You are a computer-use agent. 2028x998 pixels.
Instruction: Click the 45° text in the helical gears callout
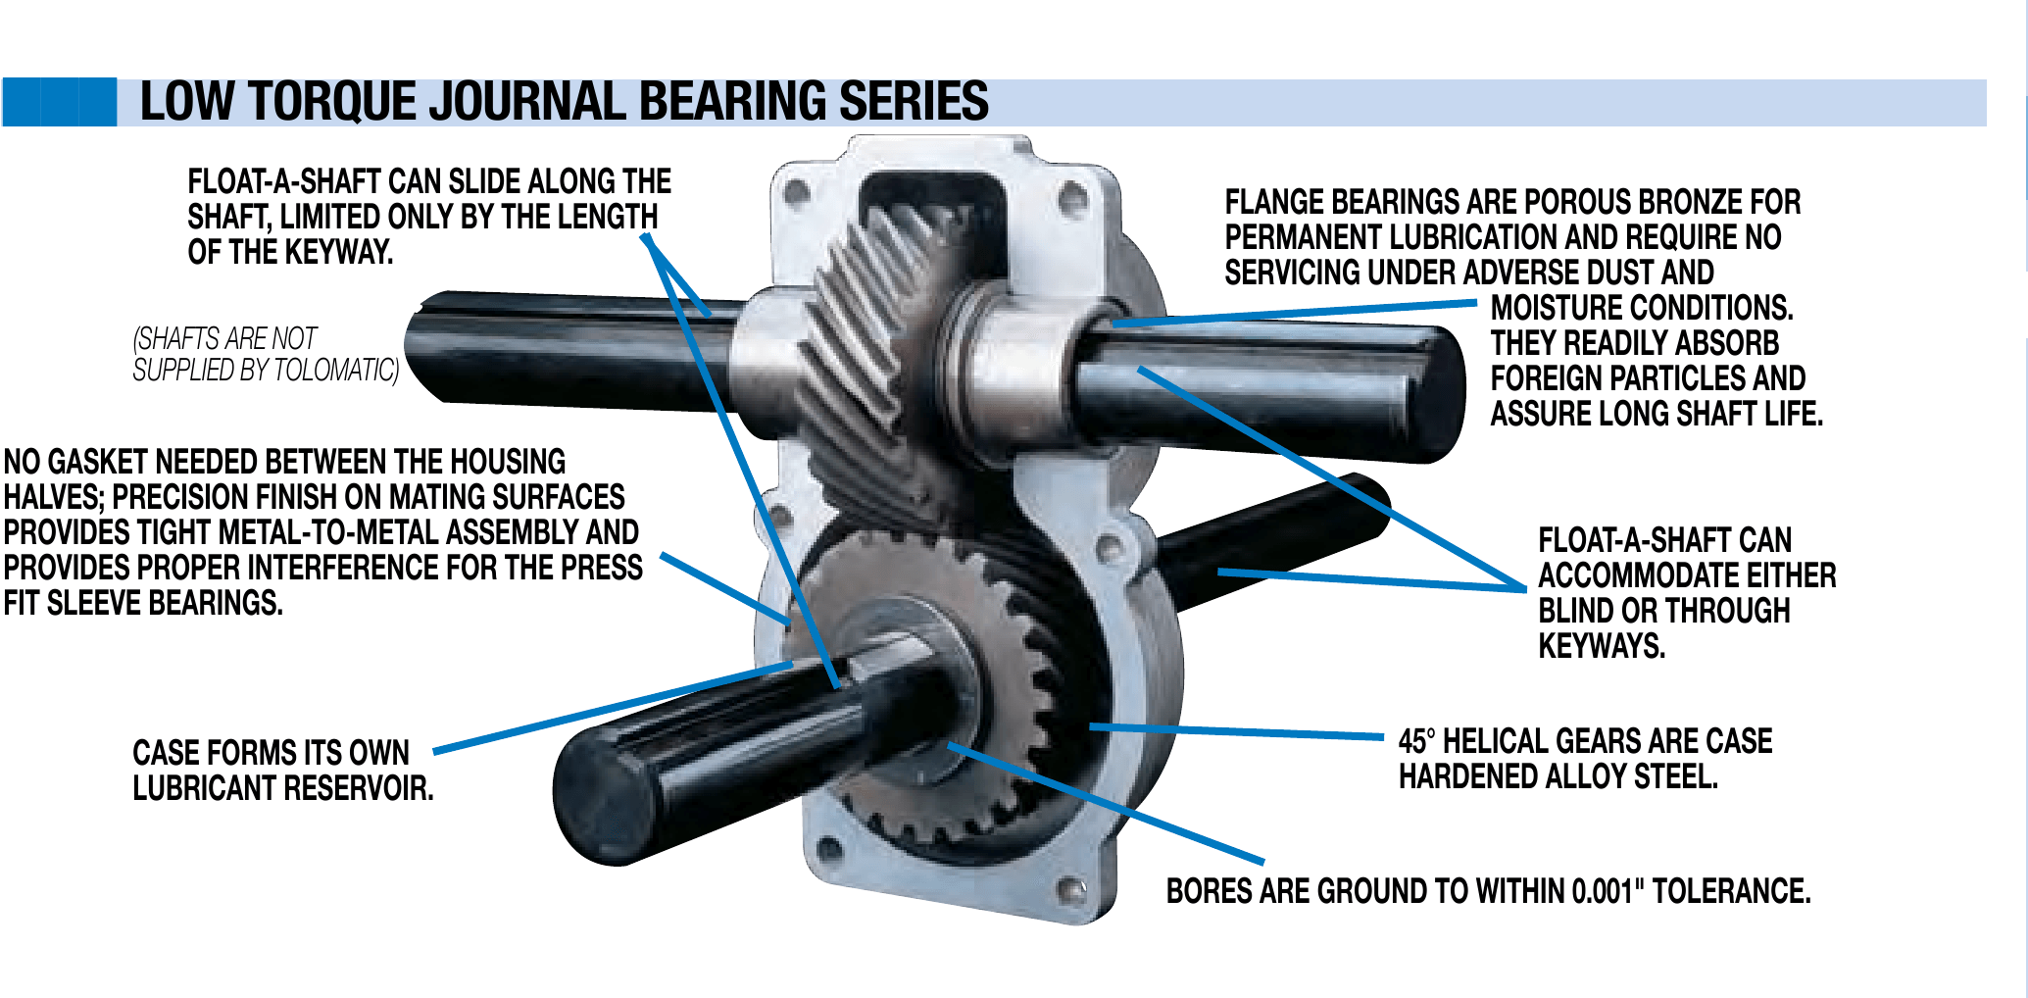point(1416,741)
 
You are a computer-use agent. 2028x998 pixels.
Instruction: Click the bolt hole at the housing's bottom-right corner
point(1072,891)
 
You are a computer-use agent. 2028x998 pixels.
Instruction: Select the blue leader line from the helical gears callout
point(1235,731)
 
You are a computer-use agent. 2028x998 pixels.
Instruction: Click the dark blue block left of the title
point(59,102)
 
